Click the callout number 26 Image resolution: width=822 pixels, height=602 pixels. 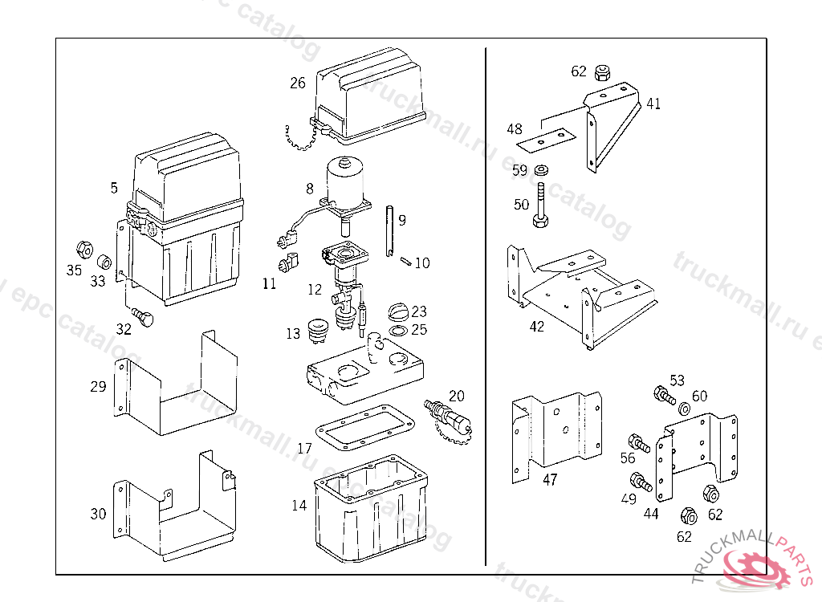[298, 83]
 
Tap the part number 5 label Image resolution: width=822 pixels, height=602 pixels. [114, 188]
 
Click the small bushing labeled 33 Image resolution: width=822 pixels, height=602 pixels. [104, 262]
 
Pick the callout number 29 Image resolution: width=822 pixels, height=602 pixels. [98, 386]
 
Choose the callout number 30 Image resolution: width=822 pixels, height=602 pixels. [98, 513]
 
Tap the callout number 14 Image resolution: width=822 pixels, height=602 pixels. [299, 505]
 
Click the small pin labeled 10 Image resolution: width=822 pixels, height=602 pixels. [406, 259]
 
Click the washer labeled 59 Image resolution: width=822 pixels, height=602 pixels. [541, 169]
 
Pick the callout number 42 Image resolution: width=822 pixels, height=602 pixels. [536, 327]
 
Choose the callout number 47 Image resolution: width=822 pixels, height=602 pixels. [550, 480]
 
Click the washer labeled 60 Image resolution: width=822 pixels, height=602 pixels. [685, 409]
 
